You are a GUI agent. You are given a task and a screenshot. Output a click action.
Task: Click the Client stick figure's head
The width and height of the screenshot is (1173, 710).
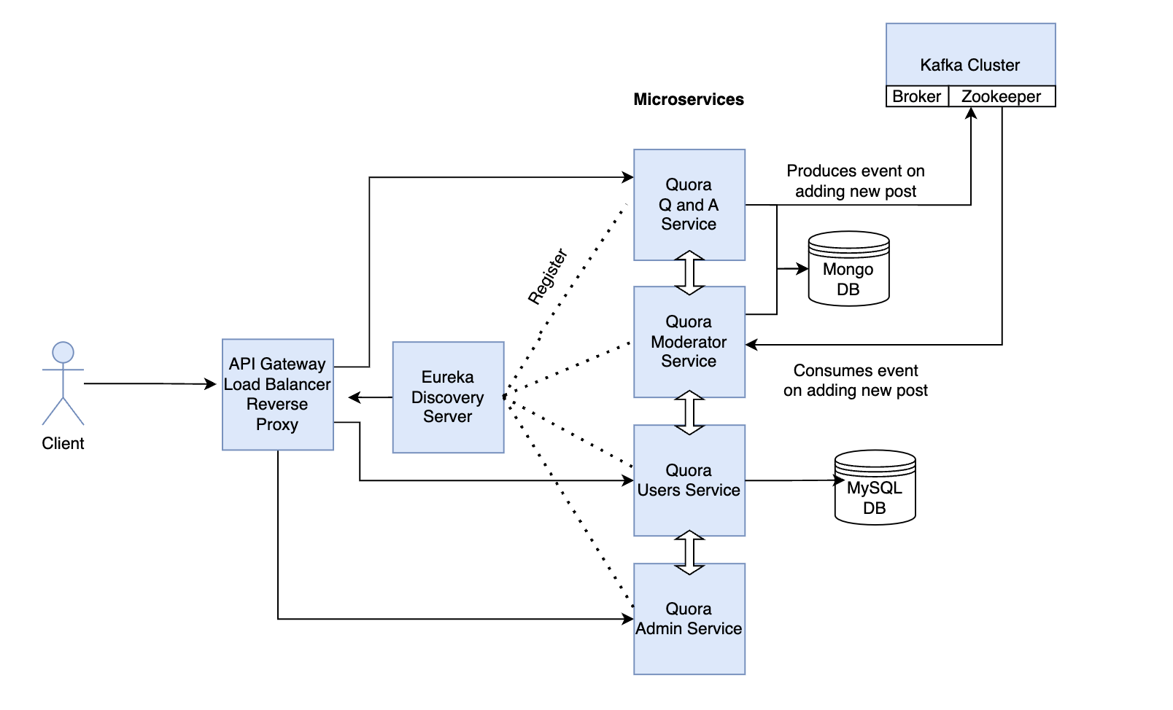[63, 352]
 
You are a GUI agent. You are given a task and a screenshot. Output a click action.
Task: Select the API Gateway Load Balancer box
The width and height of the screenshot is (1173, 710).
[277, 394]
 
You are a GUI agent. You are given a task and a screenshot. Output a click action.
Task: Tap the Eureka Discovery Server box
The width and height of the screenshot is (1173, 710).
[448, 397]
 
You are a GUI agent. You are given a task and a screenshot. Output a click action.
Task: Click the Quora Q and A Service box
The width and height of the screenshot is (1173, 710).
[689, 205]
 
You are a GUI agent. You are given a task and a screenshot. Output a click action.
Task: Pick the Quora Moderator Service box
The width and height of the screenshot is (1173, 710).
[689, 342]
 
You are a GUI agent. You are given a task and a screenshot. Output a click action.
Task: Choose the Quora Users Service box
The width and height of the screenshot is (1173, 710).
[689, 480]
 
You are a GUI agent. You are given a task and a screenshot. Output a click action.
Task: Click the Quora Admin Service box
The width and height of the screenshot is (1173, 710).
[689, 619]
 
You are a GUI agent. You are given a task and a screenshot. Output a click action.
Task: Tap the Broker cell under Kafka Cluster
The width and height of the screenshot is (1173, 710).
[917, 96]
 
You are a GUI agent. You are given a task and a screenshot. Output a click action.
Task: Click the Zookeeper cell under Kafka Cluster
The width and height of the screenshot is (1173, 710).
[1001, 96]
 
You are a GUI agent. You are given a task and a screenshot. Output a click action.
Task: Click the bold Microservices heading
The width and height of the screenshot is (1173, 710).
[689, 99]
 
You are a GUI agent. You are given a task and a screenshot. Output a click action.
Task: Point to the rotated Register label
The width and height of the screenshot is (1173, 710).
[547, 276]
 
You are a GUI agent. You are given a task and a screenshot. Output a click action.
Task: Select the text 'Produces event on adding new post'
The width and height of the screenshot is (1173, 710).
[855, 181]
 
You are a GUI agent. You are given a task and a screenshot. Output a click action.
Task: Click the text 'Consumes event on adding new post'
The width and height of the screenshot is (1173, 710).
[855, 381]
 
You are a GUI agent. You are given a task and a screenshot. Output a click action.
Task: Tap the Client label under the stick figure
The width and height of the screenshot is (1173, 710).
[63, 443]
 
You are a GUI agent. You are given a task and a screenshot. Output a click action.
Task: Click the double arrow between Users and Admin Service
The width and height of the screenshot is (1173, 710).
[689, 552]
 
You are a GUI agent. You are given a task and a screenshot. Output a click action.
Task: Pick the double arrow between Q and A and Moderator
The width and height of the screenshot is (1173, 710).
[689, 273]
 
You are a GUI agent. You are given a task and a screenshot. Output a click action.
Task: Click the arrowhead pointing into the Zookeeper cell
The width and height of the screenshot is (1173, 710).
[971, 113]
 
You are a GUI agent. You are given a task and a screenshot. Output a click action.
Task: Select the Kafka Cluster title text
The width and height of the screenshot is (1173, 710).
[969, 65]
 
